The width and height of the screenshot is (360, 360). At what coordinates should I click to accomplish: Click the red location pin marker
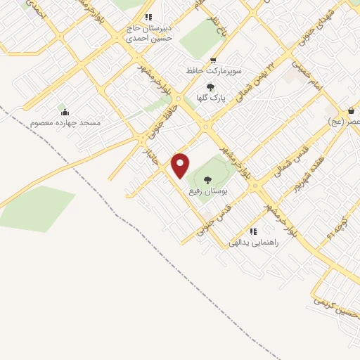pos(181,165)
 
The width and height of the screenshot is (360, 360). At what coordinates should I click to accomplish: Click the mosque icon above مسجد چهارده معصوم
pos(65,112)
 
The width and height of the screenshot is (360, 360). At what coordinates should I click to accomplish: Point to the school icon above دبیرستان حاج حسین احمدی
pos(148,17)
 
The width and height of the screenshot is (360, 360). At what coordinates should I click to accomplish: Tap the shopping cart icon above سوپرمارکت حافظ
pos(213,61)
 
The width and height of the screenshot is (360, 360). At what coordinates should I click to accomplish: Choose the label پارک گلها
pos(211,99)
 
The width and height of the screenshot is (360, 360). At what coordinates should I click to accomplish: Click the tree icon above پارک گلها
pos(211,87)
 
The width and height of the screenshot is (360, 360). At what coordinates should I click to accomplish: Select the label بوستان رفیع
pos(207,191)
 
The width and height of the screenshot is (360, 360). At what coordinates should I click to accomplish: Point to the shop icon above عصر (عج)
pos(351,111)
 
